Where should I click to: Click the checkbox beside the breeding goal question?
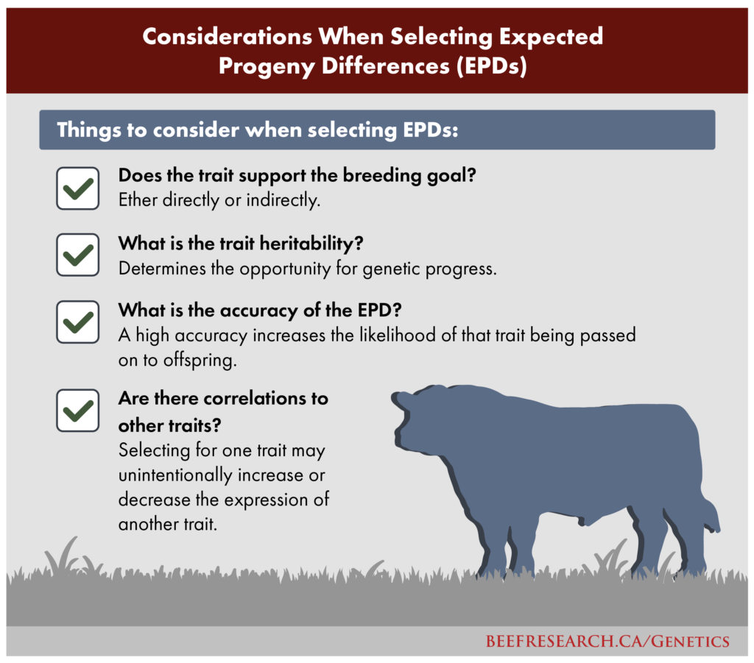click(77, 188)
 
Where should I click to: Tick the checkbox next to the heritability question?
click(77, 255)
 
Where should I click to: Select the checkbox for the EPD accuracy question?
click(77, 321)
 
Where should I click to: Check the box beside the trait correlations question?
click(77, 411)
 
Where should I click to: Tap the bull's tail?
click(708, 515)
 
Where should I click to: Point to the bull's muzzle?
click(404, 442)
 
